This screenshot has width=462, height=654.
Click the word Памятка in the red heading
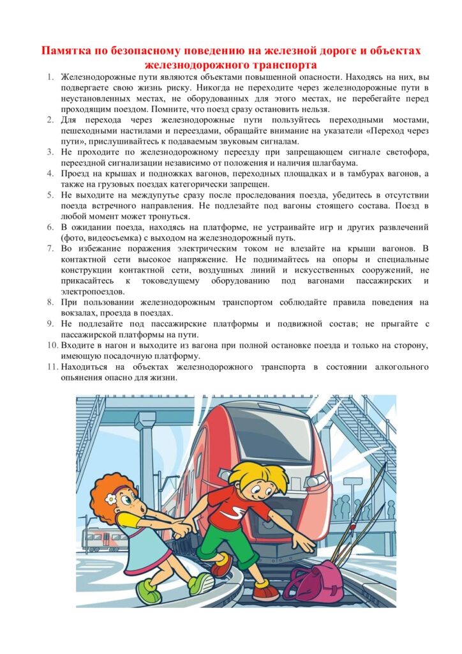click(x=66, y=51)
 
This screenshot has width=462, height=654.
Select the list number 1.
click(x=51, y=77)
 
